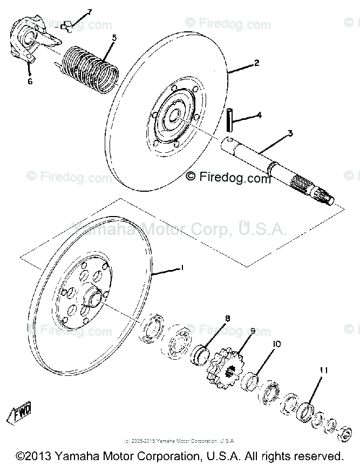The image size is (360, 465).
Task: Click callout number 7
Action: click(x=89, y=11)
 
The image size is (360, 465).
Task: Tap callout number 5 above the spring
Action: click(x=114, y=38)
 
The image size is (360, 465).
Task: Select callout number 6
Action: click(x=30, y=82)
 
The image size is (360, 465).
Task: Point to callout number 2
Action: click(x=256, y=63)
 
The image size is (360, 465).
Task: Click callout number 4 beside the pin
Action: click(x=260, y=114)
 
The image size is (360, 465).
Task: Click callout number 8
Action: click(x=227, y=319)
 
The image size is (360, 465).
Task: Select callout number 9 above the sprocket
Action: click(x=252, y=331)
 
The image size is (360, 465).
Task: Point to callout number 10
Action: click(x=276, y=343)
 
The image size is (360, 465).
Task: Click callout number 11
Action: click(x=323, y=370)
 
